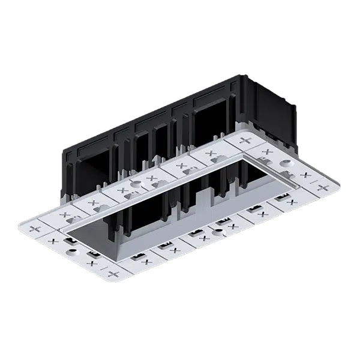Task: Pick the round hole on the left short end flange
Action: point(73,251)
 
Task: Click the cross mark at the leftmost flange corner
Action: point(34,230)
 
